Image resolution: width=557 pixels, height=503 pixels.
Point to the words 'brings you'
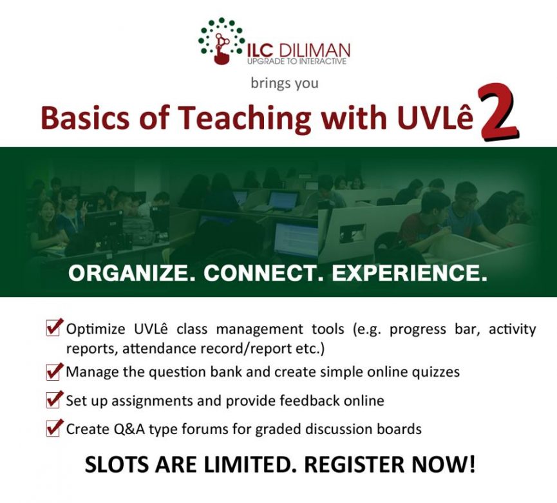(284, 83)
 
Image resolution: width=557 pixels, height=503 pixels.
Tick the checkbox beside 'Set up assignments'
(54, 399)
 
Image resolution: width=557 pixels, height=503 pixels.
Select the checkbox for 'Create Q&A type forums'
(54, 427)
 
